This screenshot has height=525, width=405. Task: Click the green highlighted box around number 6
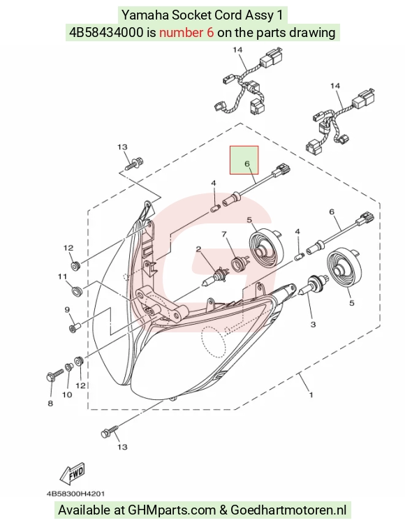coord(244,160)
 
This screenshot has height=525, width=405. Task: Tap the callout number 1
coord(311,395)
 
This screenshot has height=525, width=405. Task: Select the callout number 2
coord(198,249)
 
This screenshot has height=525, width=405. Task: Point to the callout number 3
coord(313,324)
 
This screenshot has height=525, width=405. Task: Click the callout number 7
coord(224,235)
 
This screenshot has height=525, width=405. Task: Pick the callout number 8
coord(50,404)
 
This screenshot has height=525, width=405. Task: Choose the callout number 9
coord(67,310)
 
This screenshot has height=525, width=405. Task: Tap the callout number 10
coord(67,394)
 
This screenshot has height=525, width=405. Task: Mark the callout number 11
coord(62,276)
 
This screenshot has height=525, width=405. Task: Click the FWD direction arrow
coord(73,473)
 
